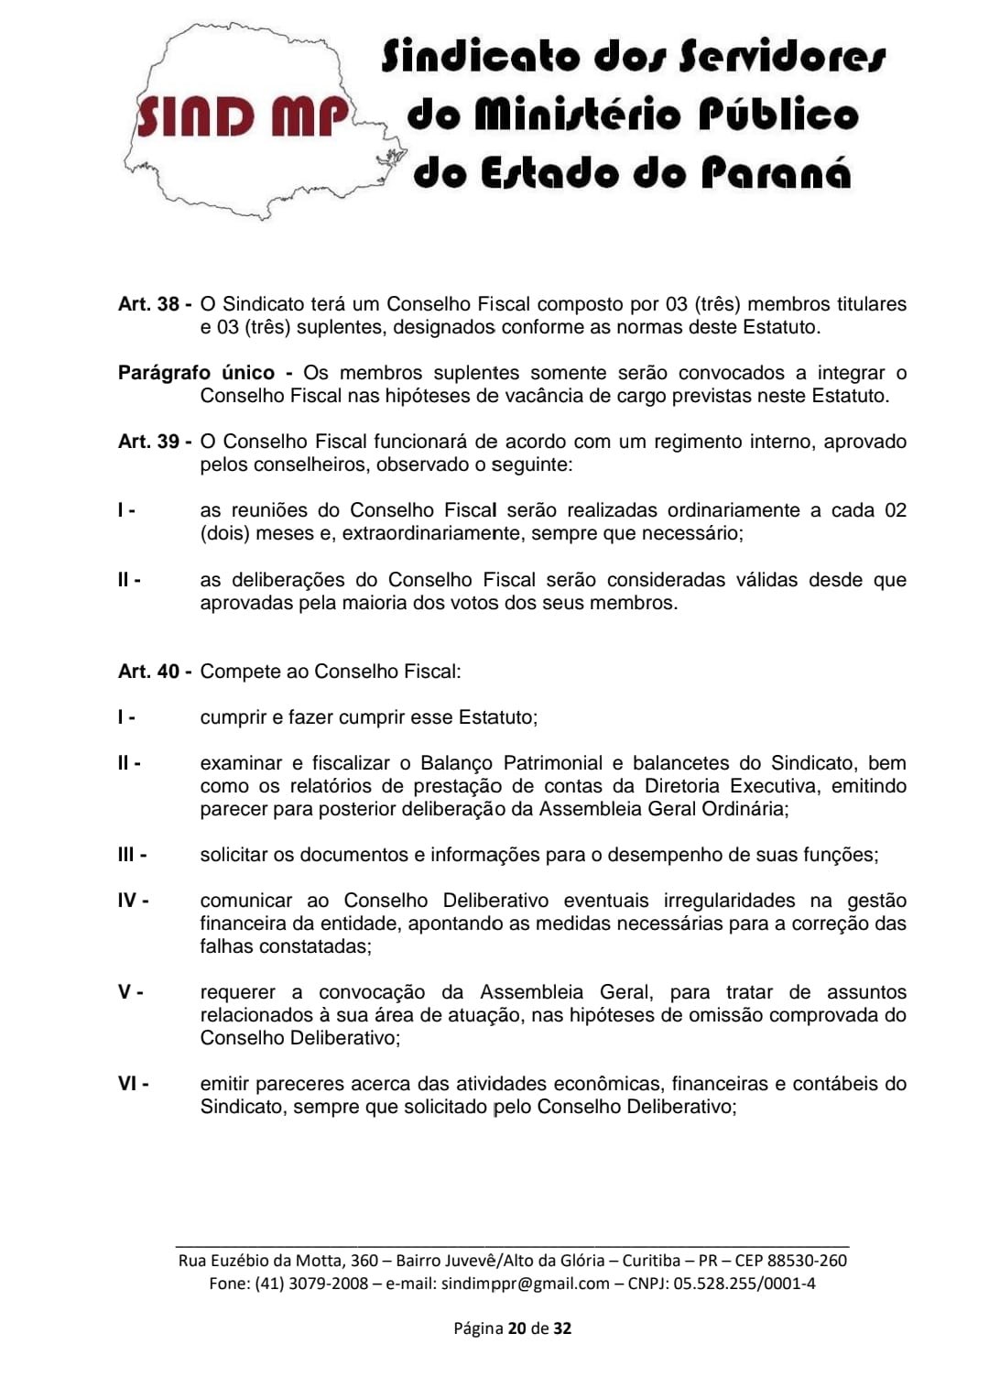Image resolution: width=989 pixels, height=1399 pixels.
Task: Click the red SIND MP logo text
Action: (243, 116)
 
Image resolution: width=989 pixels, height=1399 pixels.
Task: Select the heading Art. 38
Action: (149, 304)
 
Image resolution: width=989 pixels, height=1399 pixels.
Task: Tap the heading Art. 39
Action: (149, 442)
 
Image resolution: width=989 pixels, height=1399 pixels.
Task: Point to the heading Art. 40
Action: (149, 672)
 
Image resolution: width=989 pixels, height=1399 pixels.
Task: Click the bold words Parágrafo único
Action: (196, 373)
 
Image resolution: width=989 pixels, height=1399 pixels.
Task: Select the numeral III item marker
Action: (129, 855)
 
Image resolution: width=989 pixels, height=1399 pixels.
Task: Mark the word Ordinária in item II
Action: (743, 809)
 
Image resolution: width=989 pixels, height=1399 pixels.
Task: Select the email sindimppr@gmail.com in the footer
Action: (525, 1284)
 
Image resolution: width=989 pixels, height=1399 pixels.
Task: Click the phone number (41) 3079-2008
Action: (311, 1284)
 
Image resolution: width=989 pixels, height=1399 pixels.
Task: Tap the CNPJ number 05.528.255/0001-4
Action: (744, 1284)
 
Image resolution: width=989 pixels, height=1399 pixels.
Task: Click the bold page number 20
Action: (516, 1328)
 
